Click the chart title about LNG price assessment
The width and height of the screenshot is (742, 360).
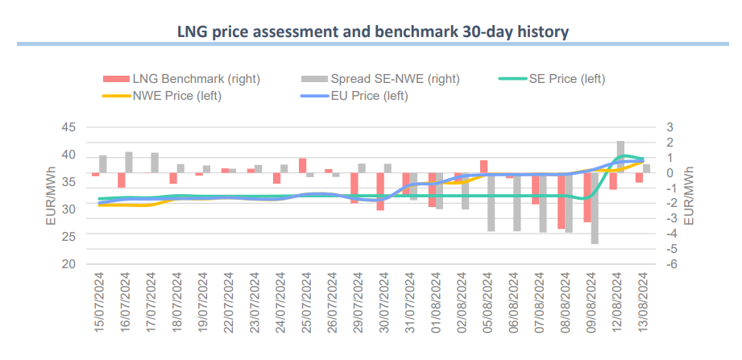[x=373, y=32]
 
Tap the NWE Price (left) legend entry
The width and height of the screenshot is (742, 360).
[x=161, y=96]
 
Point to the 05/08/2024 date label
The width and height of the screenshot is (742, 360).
[x=487, y=302]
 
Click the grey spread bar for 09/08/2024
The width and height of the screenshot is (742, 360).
[x=595, y=209]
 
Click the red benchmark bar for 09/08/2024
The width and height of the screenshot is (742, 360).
[x=587, y=197]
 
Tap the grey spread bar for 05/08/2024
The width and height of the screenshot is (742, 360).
[x=491, y=202]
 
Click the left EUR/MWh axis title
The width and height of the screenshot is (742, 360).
[x=51, y=196]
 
